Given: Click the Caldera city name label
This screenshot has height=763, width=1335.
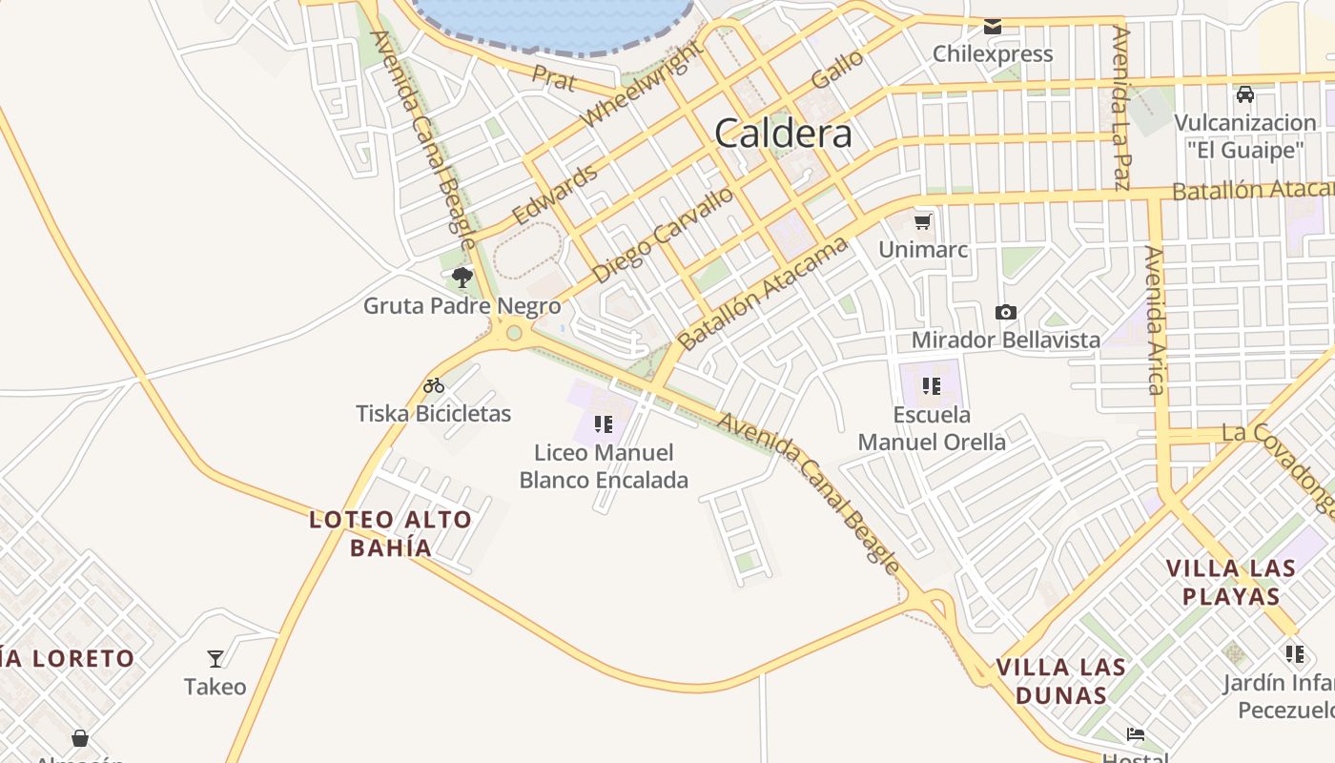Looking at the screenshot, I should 783,134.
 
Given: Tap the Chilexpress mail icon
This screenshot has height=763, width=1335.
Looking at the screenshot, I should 993,27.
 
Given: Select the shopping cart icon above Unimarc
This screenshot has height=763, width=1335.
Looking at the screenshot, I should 922,222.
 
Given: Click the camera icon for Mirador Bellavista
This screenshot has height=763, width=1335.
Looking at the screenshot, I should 1005,312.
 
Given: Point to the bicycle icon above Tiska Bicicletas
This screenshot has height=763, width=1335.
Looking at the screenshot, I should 434,386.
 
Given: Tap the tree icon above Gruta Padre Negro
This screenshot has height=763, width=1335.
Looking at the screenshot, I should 462,278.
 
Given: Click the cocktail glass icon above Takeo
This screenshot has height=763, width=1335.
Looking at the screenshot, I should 216,658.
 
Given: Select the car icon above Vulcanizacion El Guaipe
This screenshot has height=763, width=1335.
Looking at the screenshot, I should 1244,94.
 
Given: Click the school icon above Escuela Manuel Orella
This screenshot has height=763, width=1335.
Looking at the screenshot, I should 932,386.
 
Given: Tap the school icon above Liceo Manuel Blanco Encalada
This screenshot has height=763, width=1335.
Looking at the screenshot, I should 603,423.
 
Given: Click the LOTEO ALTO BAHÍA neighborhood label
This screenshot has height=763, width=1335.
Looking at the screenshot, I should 391,533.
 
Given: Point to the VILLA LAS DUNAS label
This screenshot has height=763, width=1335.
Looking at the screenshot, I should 1061,680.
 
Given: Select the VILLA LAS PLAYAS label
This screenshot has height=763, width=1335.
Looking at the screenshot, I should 1231,582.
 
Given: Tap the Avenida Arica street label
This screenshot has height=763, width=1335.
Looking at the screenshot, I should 1155,320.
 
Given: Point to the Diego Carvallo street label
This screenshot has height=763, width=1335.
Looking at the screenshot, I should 663,235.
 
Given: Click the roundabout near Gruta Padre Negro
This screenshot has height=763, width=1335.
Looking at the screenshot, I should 515,333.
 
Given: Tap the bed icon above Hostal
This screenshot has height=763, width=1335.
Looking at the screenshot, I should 1135,733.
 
